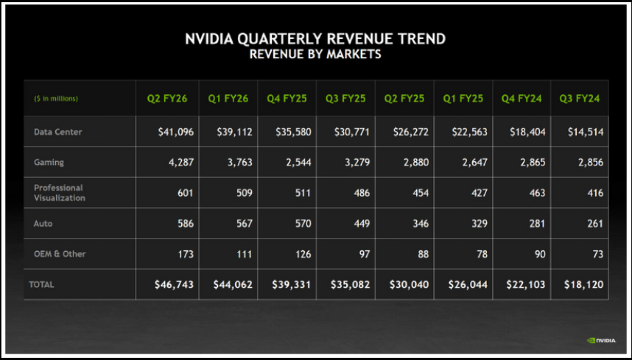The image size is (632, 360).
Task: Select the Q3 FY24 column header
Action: [579, 98]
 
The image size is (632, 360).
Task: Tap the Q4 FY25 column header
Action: [287, 98]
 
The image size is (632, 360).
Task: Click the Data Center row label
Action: [58, 132]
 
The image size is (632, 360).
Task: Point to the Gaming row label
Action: [49, 163]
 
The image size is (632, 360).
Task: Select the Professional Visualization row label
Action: [59, 193]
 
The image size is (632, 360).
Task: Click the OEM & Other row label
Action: [59, 254]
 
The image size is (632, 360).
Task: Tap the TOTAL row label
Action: [41, 284]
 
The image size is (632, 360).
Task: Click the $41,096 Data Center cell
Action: [175, 132]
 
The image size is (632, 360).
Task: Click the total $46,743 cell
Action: [174, 284]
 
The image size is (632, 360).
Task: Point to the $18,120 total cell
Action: [584, 284]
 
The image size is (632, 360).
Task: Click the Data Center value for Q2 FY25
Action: [410, 132]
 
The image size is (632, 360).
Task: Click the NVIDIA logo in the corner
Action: [601, 340]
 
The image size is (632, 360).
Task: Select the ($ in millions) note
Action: [56, 98]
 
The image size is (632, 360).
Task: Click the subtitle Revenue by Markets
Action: [315, 54]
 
